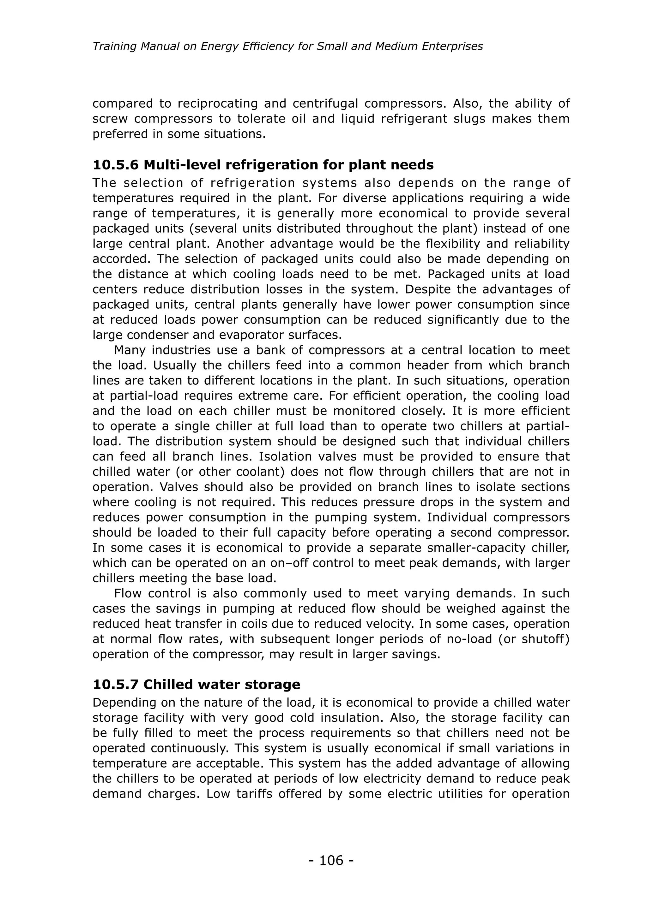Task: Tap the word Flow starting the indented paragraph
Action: coord(128,594)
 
